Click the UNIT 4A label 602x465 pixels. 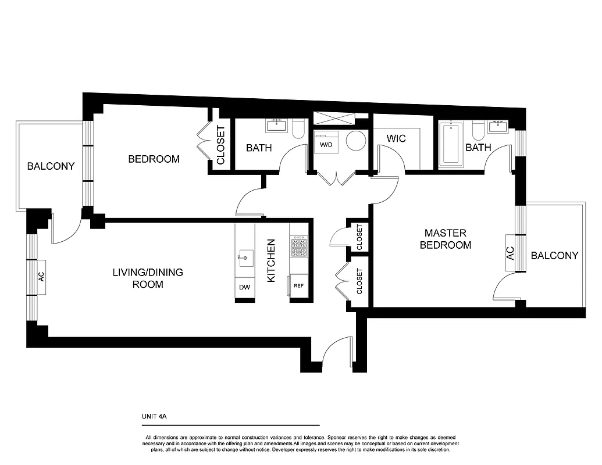[154, 416]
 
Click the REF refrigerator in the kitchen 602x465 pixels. [299, 285]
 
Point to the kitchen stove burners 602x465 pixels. [299, 246]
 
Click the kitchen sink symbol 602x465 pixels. [245, 256]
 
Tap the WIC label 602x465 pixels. [396, 139]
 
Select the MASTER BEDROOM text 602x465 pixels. [446, 239]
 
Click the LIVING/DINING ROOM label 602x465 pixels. [148, 278]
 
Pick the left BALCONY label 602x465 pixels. [51, 166]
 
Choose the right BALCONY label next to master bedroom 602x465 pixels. [555, 255]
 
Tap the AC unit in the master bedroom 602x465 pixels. [510, 253]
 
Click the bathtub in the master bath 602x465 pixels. [451, 143]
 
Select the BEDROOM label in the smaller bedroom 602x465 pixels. [154, 159]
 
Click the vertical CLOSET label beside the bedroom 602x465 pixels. [220, 145]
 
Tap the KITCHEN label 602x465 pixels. [271, 261]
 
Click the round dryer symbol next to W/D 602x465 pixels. [355, 141]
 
